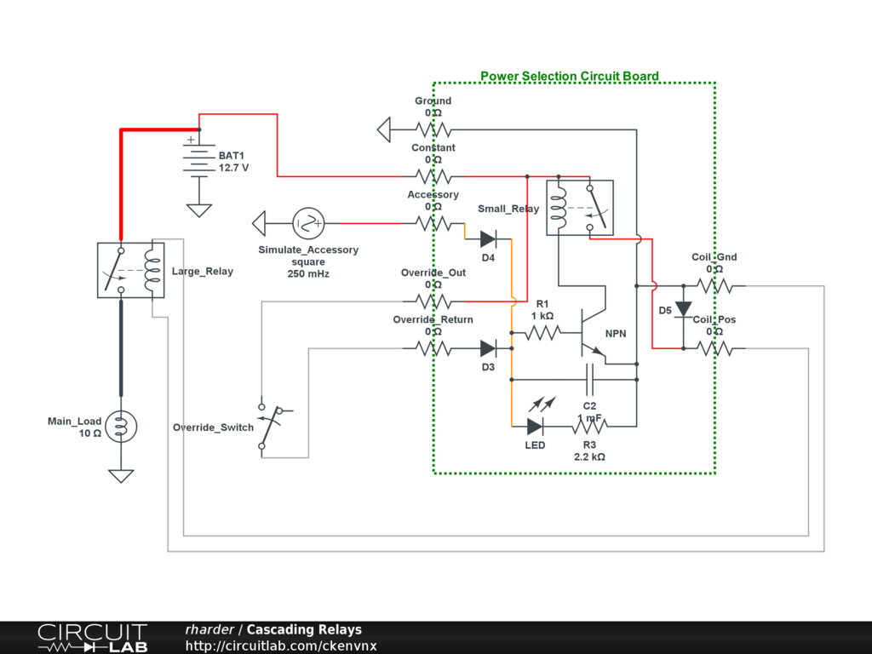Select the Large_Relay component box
click(131, 270)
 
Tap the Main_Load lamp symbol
click(121, 426)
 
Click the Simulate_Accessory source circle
click(308, 224)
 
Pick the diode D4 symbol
click(489, 239)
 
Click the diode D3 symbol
click(489, 348)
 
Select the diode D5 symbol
click(683, 309)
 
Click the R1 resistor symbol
click(542, 333)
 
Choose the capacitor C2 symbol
click(589, 379)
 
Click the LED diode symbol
click(535, 426)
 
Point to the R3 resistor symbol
click(589, 426)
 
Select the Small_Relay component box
click(580, 207)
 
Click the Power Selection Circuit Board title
click(569, 76)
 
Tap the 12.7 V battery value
click(234, 168)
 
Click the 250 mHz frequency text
click(308, 274)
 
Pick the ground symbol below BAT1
click(199, 209)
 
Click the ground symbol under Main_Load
click(121, 475)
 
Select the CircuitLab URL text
click(281, 645)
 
